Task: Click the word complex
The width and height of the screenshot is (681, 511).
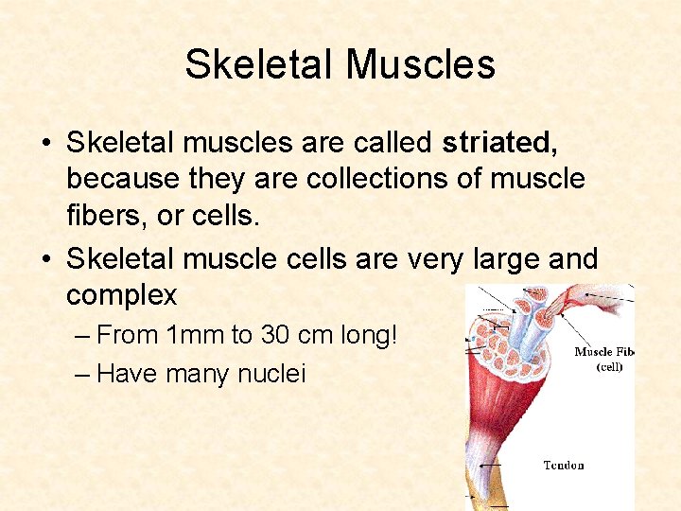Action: click(x=121, y=295)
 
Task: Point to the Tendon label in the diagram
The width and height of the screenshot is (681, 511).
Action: click(x=564, y=465)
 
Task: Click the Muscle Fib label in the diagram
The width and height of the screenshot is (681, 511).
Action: click(x=604, y=352)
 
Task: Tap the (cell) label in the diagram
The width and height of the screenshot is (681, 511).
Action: click(x=609, y=367)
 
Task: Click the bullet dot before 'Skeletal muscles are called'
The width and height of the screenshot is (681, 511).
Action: click(x=45, y=144)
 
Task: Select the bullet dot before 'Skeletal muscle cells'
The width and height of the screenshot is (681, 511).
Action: click(x=45, y=259)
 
